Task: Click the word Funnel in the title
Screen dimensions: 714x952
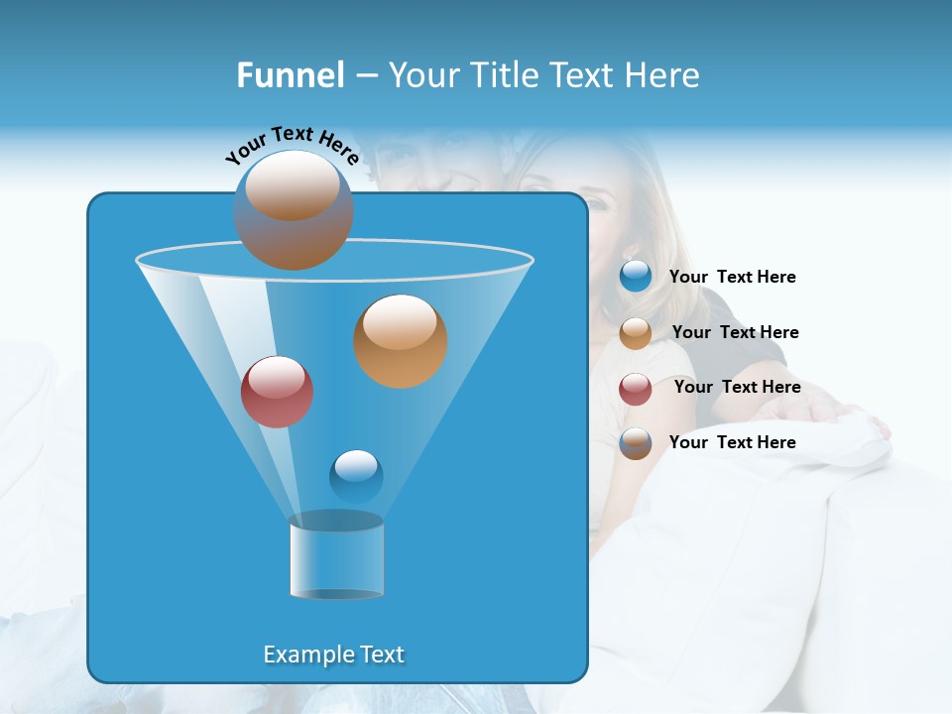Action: coord(290,75)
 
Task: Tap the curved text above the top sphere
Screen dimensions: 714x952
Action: coord(293,145)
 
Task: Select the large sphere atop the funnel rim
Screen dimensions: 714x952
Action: coord(294,209)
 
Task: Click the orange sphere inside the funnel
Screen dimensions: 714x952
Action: coord(401,341)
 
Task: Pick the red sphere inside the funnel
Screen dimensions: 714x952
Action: coord(277,392)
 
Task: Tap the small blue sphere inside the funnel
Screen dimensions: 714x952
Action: coord(356,475)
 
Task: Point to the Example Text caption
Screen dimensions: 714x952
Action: coord(334,654)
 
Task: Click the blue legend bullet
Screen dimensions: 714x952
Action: coord(636,277)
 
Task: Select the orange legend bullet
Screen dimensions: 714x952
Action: coord(636,333)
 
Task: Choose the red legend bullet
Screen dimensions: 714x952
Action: coord(636,389)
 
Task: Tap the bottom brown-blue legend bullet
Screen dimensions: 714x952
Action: coord(636,443)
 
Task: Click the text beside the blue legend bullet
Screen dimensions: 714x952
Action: coord(732,278)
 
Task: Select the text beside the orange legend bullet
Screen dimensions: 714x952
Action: coord(735,332)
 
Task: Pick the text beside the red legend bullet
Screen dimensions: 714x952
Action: coord(737,387)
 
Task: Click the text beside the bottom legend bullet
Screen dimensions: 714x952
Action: coord(732,442)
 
